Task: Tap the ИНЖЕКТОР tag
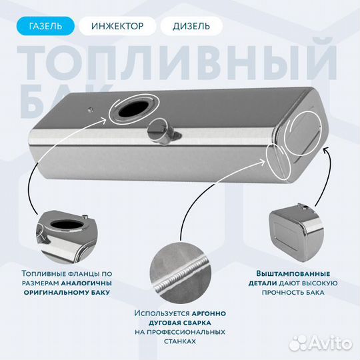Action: click(x=117, y=26)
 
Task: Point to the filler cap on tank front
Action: click(x=161, y=131)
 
